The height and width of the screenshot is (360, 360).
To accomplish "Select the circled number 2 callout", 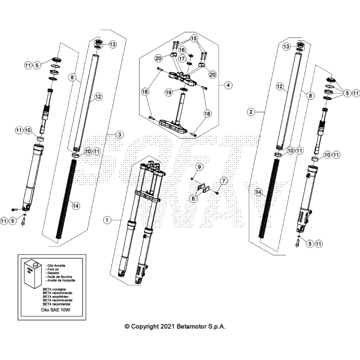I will tap(250, 112).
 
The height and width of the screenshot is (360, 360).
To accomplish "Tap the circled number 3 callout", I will tap(120, 134).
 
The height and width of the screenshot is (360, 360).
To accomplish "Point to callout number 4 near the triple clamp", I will tap(228, 85).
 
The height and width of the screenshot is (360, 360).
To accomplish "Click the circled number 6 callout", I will tap(193, 198).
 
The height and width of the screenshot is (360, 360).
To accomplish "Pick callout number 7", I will tap(223, 181).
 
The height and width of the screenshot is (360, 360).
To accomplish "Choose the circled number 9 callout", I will tap(199, 167).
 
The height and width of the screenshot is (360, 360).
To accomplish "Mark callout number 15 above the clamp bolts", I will tap(193, 38).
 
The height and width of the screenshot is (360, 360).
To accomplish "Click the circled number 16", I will tap(182, 49).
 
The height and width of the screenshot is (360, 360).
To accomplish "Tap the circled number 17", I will tap(182, 59).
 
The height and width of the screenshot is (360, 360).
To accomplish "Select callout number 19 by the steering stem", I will tap(169, 92).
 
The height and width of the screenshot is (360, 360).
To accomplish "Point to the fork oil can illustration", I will tap(31, 275).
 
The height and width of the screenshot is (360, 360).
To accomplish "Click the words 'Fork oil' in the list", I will tap(53, 269).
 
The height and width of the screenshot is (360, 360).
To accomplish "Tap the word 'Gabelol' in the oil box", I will tap(53, 273).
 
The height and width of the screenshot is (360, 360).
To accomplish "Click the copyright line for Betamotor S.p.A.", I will tap(175, 327).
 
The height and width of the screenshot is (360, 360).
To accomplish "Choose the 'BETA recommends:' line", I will tap(58, 293).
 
